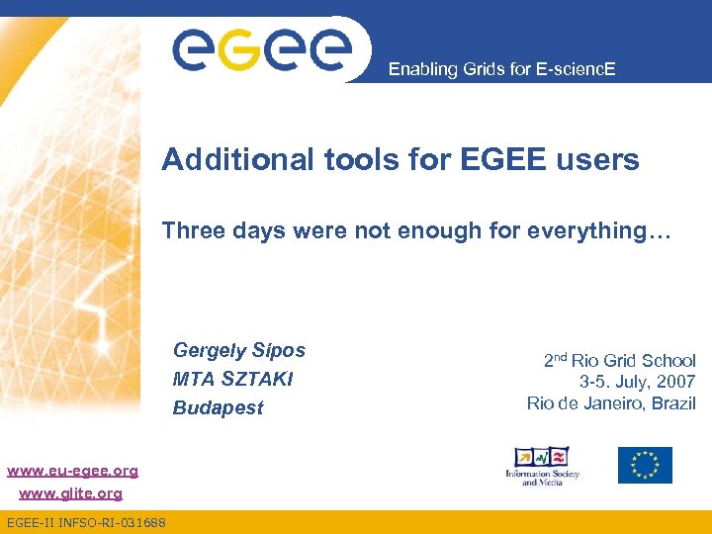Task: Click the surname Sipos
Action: (x=279, y=350)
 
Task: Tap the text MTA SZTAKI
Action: (x=232, y=379)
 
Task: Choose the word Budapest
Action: (x=218, y=407)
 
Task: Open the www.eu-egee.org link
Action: (x=72, y=471)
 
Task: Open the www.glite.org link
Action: (x=70, y=492)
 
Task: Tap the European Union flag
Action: (x=645, y=465)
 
